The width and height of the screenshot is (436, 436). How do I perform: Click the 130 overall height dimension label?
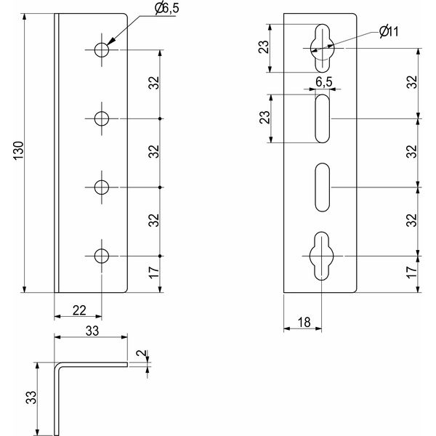point(19,150)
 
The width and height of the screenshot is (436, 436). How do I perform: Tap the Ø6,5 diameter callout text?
point(167,9)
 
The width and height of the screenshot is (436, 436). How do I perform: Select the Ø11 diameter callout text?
point(389,32)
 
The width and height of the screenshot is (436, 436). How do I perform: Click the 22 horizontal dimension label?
point(79,310)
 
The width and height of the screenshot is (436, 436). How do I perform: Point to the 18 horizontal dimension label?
point(304,323)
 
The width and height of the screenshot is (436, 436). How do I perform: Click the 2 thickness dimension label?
point(142,353)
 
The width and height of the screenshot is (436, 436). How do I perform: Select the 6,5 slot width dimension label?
point(324,82)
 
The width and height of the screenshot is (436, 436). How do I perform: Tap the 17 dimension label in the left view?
point(154,272)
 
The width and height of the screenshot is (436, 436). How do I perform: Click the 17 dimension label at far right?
point(412,272)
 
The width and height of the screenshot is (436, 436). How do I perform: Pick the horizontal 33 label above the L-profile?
point(92,331)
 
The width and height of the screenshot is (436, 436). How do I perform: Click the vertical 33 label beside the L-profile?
point(31,397)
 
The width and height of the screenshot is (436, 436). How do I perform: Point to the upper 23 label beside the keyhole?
point(265,47)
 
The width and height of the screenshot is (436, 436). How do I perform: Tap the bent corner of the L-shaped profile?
point(57,366)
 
